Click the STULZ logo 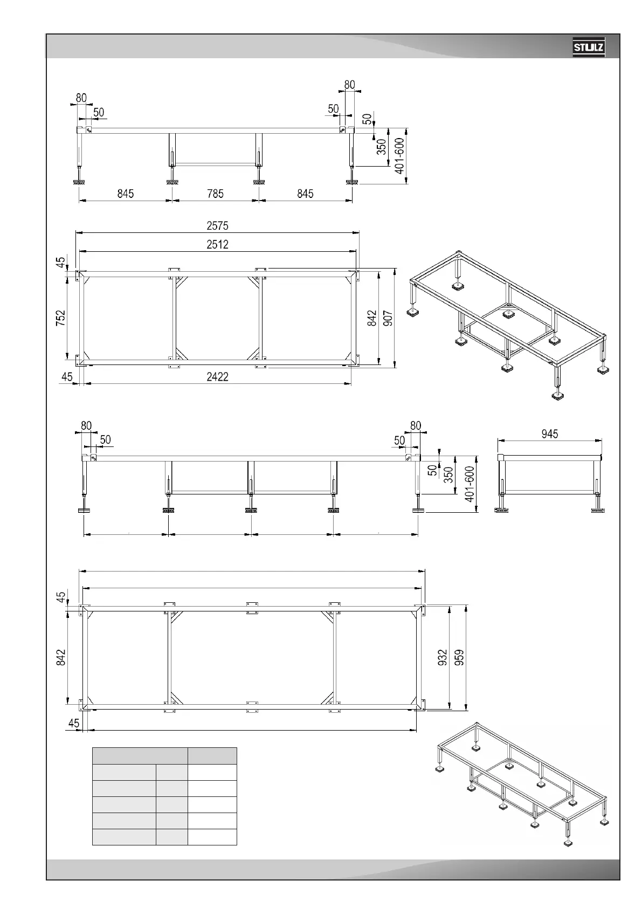(x=589, y=48)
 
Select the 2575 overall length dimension (x=217, y=226)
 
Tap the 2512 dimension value (x=217, y=245)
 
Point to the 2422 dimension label (x=217, y=377)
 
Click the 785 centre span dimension (x=215, y=194)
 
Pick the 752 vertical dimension (x=61, y=317)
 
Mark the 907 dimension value (x=388, y=318)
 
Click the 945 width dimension (x=549, y=434)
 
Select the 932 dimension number (x=443, y=657)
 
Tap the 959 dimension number (x=459, y=657)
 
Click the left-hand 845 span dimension (x=126, y=194)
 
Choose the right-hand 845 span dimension (x=305, y=194)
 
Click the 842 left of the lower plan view (x=61, y=657)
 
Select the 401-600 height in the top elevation (x=399, y=156)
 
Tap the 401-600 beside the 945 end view (x=470, y=484)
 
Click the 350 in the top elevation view (x=382, y=147)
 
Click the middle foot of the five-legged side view (x=251, y=510)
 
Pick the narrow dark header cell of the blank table (x=212, y=755)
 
